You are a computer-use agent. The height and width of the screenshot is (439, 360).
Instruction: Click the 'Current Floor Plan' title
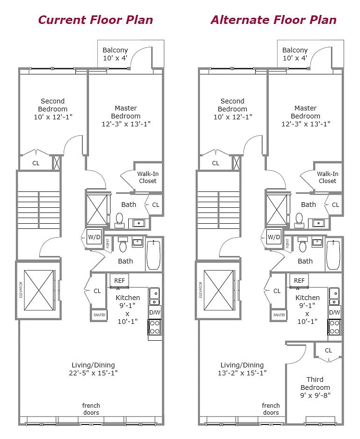click(96, 20)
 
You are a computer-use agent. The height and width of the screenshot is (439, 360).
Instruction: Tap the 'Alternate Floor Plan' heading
click(274, 20)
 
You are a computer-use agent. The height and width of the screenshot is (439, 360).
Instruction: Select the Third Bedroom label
click(315, 388)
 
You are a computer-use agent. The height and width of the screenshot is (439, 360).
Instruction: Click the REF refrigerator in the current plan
click(119, 280)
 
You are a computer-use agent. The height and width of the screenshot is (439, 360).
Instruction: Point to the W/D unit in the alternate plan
click(274, 237)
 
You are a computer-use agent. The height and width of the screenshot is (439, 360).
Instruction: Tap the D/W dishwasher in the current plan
click(154, 313)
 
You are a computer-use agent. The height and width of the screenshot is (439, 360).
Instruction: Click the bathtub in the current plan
click(154, 255)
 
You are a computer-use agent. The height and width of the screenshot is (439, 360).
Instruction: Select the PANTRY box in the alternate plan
click(279, 315)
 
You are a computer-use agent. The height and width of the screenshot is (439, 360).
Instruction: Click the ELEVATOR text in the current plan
click(21, 290)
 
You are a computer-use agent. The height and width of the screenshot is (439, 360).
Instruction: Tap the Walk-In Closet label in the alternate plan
click(328, 177)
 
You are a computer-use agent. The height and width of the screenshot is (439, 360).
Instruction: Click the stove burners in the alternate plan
click(335, 327)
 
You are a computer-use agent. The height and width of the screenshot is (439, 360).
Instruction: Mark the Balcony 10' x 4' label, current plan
click(115, 54)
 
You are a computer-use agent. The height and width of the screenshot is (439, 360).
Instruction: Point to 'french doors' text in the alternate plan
click(271, 409)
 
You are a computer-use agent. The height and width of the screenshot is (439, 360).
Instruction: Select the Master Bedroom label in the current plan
click(126, 116)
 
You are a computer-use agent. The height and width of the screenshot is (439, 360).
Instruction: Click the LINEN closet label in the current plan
click(108, 243)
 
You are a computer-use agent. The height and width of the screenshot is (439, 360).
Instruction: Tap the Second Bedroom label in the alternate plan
click(233, 109)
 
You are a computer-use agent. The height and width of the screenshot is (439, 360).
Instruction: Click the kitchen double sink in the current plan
click(154, 296)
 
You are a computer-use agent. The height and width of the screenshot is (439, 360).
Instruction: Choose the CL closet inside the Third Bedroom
click(328, 350)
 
